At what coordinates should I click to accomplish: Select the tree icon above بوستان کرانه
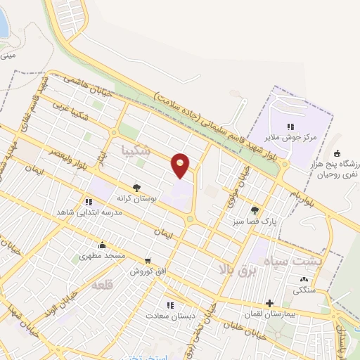point(136,188)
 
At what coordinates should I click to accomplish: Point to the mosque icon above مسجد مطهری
point(103,245)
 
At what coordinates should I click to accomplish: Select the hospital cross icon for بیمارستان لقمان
point(269,303)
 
